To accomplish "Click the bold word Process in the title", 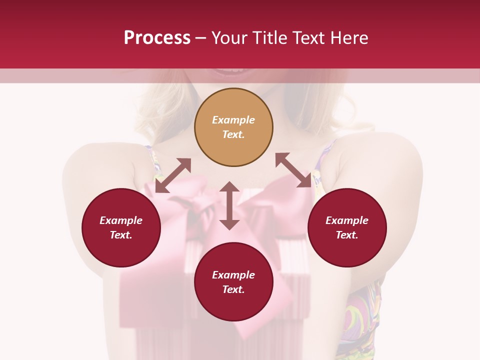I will tap(157, 38).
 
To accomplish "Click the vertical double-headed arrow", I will tap(229, 205).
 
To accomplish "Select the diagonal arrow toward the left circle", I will tap(173, 175).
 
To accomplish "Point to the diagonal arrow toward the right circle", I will tap(293, 170).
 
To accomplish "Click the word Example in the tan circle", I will tap(233, 120).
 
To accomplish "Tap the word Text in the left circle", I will tap(121, 235).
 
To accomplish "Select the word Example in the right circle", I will tap(347, 220).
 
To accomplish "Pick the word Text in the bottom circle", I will tap(233, 289).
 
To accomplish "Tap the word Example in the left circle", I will tap(121, 220).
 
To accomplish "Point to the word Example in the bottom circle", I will tap(233, 275).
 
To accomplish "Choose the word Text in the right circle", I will tap(347, 235).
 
